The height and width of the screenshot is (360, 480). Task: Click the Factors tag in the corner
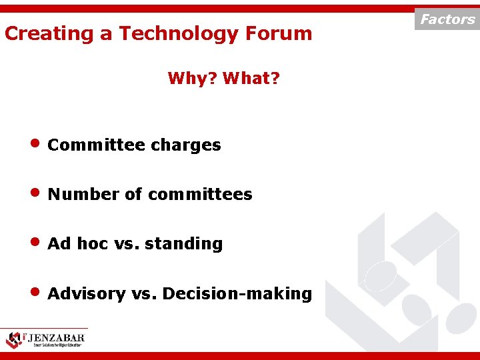coord(447,19)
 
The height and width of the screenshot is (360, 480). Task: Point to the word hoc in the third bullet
coord(92,244)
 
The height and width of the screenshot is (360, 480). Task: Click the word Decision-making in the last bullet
coord(237,294)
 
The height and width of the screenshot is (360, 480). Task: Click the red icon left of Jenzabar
coord(13,339)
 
